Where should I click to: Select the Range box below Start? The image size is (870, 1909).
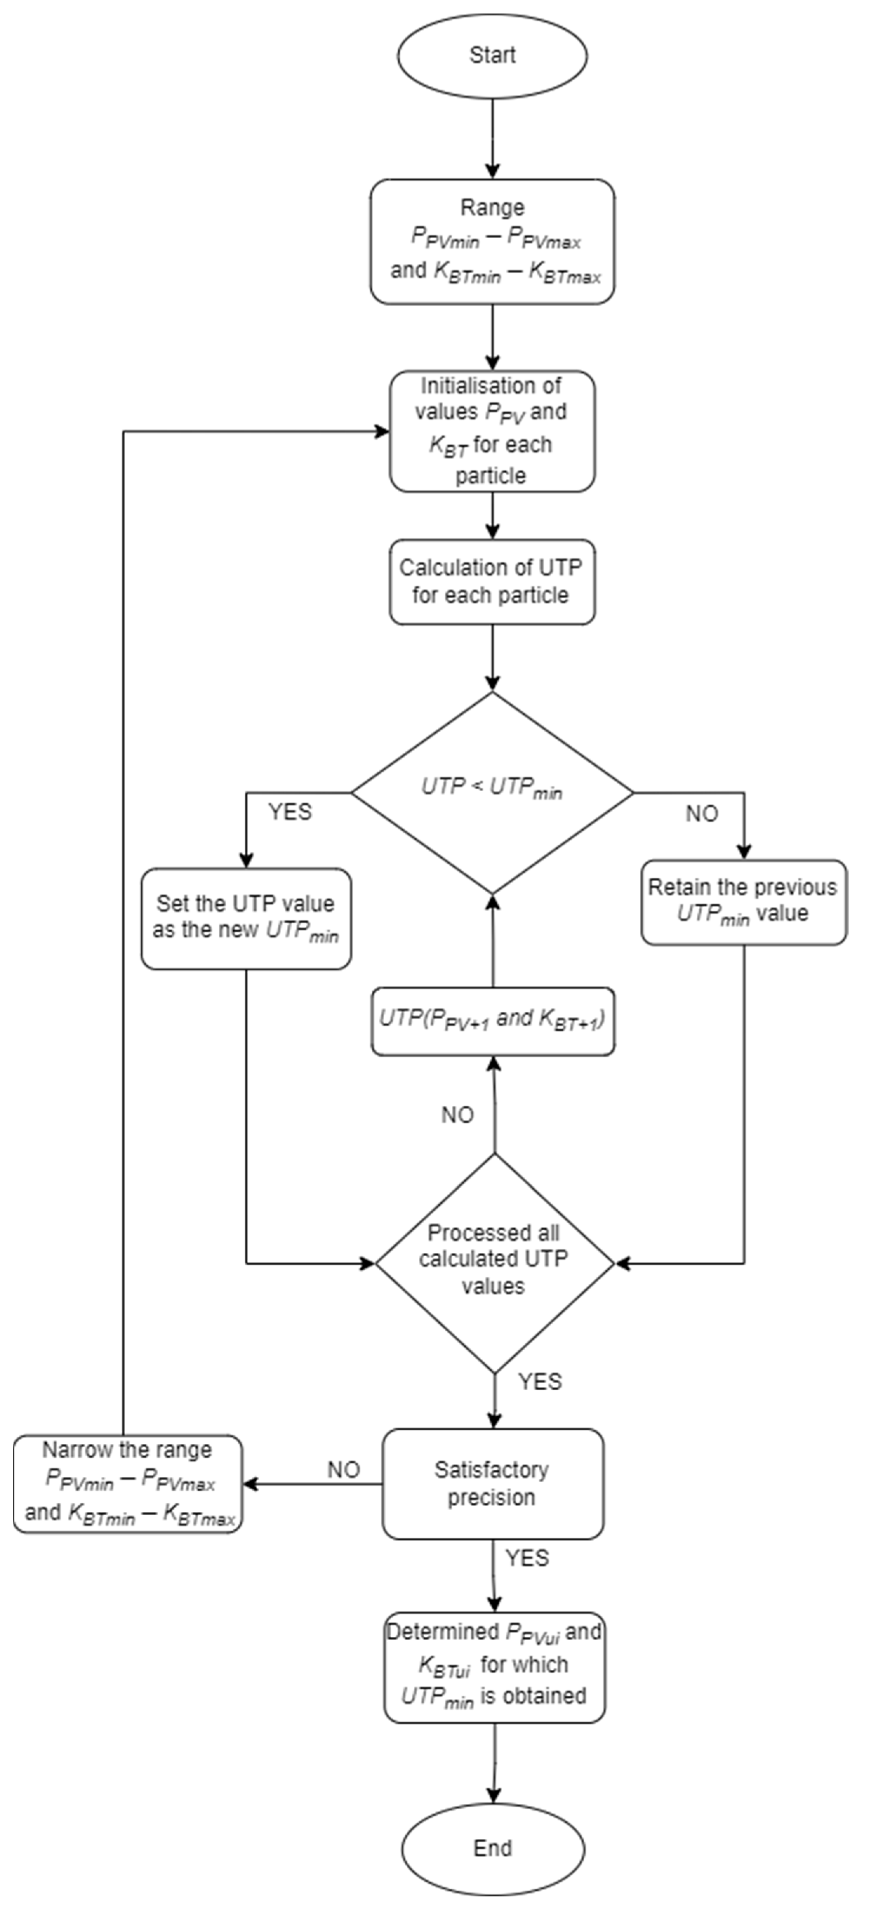pyautogui.click(x=492, y=241)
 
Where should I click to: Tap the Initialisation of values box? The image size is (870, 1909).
pyautogui.click(x=492, y=431)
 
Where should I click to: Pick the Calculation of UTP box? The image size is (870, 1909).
pyautogui.click(x=492, y=582)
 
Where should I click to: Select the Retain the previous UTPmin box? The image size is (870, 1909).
pyautogui.click(x=743, y=902)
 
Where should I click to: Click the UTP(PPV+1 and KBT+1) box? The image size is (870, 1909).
pyautogui.click(x=492, y=1020)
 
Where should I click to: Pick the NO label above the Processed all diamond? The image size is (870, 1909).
pyautogui.click(x=457, y=1115)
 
